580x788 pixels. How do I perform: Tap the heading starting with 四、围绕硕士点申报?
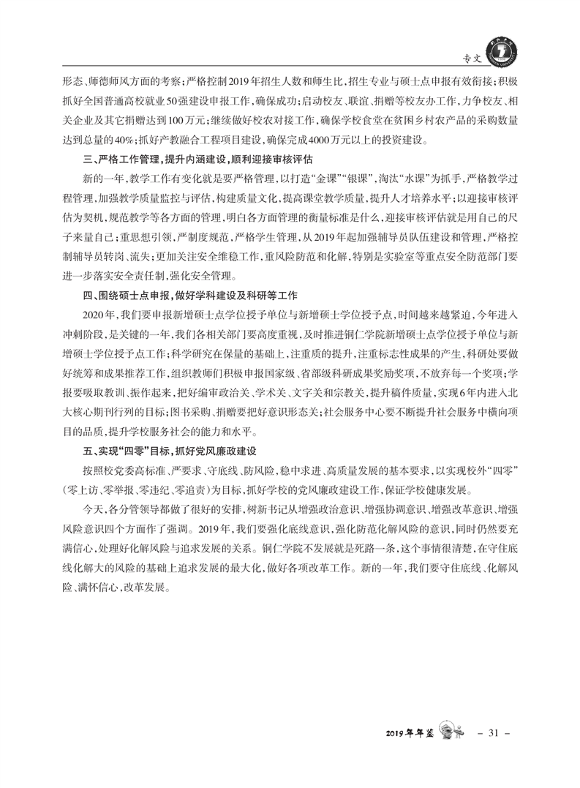[x=179, y=296]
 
